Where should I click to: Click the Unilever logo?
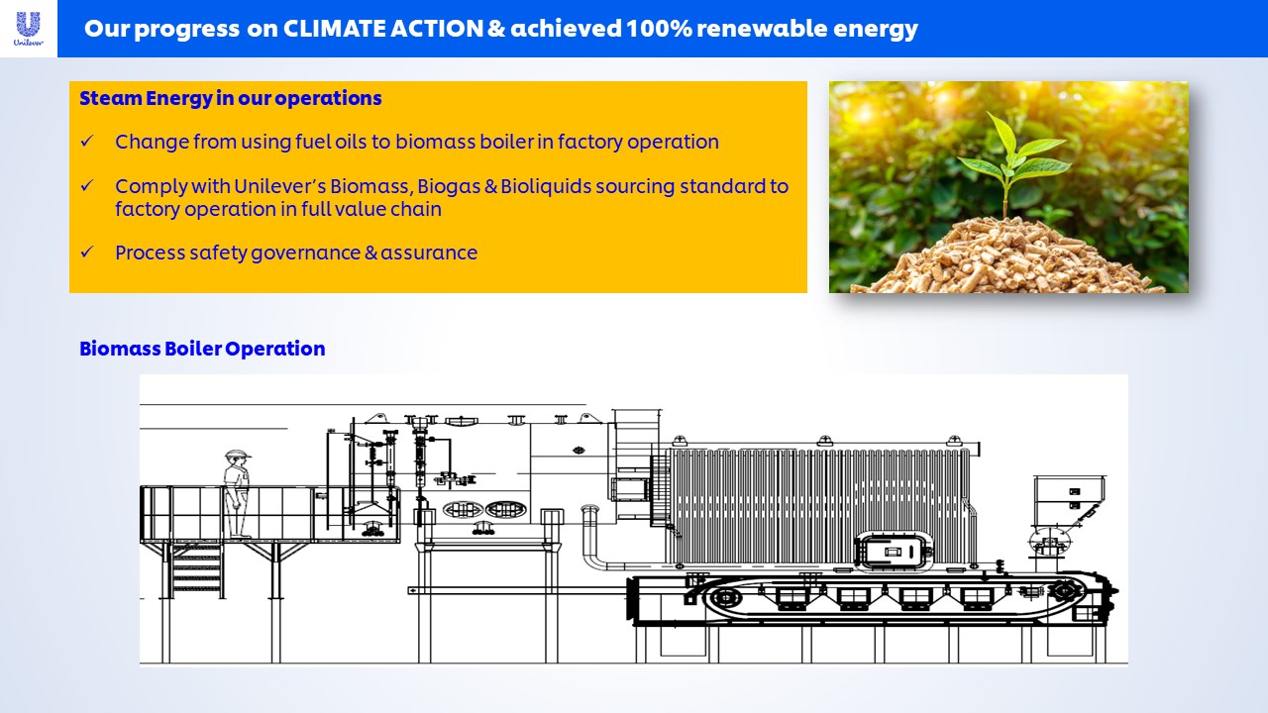coord(29,29)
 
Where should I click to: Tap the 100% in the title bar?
coord(659,29)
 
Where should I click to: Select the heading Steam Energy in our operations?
coord(231,98)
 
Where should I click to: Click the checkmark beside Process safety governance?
coord(86,252)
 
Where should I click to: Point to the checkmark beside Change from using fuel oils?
coord(86,141)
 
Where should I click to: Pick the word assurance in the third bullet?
coord(429,253)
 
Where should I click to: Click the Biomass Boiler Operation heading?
coord(202,349)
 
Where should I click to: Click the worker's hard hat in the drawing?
coord(237,454)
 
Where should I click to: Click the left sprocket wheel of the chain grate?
coord(724,597)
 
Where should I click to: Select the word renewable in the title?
coord(752,29)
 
